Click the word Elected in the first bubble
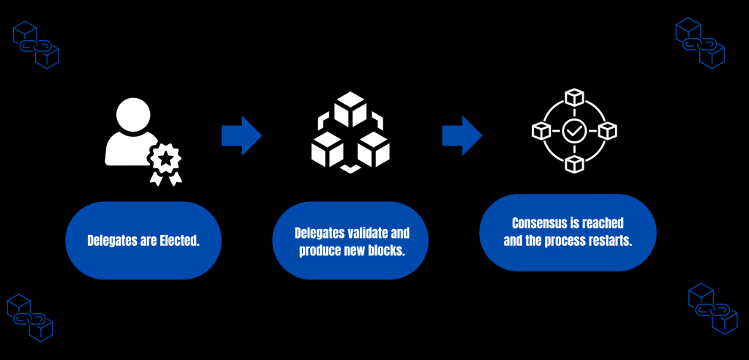pyautogui.click(x=179, y=240)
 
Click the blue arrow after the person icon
pyautogui.click(x=241, y=135)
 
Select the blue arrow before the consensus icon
pyautogui.click(x=462, y=135)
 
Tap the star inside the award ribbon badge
pyautogui.click(x=166, y=157)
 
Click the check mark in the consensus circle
pyautogui.click(x=573, y=132)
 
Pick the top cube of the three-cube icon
pyautogui.click(x=350, y=110)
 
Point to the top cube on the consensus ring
pyautogui.click(x=573, y=97)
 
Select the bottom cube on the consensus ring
pyautogui.click(x=573, y=165)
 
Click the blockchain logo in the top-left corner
pyautogui.click(x=36, y=45)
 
